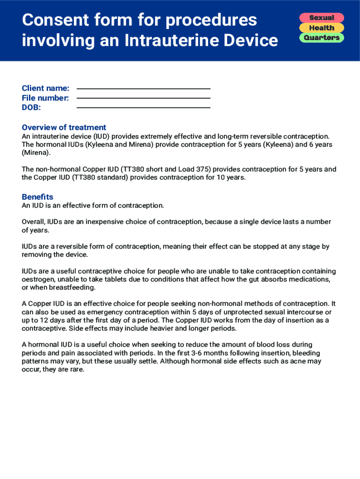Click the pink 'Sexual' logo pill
(322, 18)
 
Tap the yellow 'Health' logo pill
(322, 28)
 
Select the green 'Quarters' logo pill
(322, 37)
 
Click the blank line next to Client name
(143, 89)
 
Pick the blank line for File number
(143, 98)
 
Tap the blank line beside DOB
(143, 108)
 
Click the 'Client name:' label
(45, 88)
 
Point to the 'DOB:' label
(31, 108)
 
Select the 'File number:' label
(45, 98)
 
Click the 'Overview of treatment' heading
(64, 127)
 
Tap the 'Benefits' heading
(37, 197)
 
